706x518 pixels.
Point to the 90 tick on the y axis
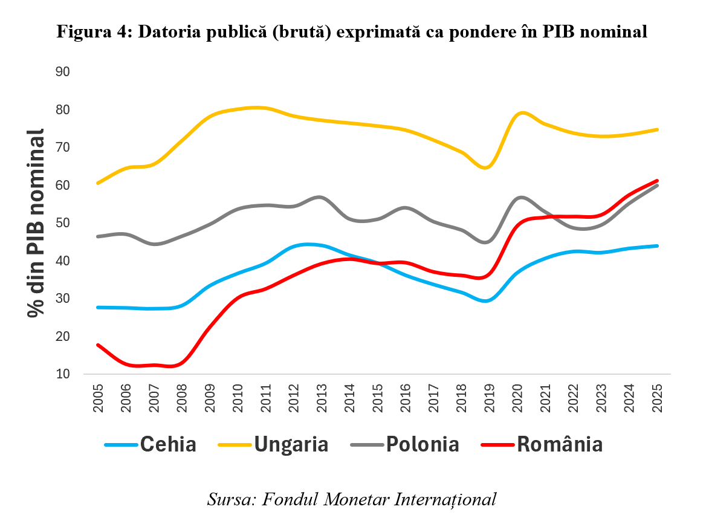click(63, 72)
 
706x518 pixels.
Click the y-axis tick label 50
click(63, 223)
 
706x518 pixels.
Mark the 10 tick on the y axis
click(63, 374)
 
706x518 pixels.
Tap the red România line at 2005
click(98, 345)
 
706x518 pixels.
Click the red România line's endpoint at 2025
click(657, 181)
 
